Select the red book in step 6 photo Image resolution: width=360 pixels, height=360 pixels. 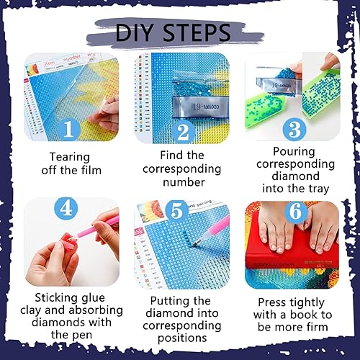pyautogui.click(x=292, y=256)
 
